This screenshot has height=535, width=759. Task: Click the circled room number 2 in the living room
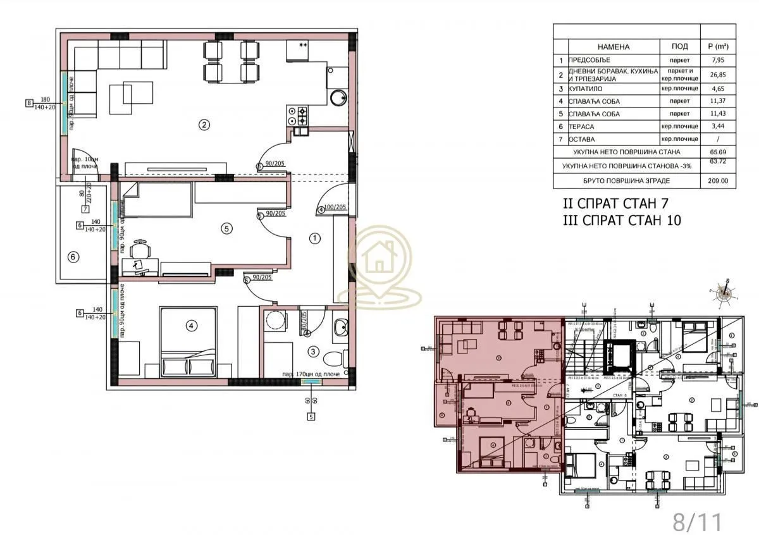click(204, 125)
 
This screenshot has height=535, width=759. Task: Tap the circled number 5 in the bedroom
click(226, 229)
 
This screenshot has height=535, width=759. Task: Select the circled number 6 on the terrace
click(73, 257)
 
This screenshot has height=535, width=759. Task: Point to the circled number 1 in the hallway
click(314, 238)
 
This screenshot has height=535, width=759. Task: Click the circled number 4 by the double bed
click(190, 326)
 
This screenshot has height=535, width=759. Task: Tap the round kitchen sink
click(339, 97)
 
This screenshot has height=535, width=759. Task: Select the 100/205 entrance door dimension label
click(335, 207)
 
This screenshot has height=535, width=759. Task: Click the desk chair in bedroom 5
click(140, 247)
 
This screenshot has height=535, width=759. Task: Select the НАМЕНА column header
click(613, 47)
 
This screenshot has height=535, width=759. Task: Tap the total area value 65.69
click(718, 152)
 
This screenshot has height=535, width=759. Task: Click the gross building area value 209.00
click(718, 181)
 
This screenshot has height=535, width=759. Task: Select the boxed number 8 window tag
click(28, 103)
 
